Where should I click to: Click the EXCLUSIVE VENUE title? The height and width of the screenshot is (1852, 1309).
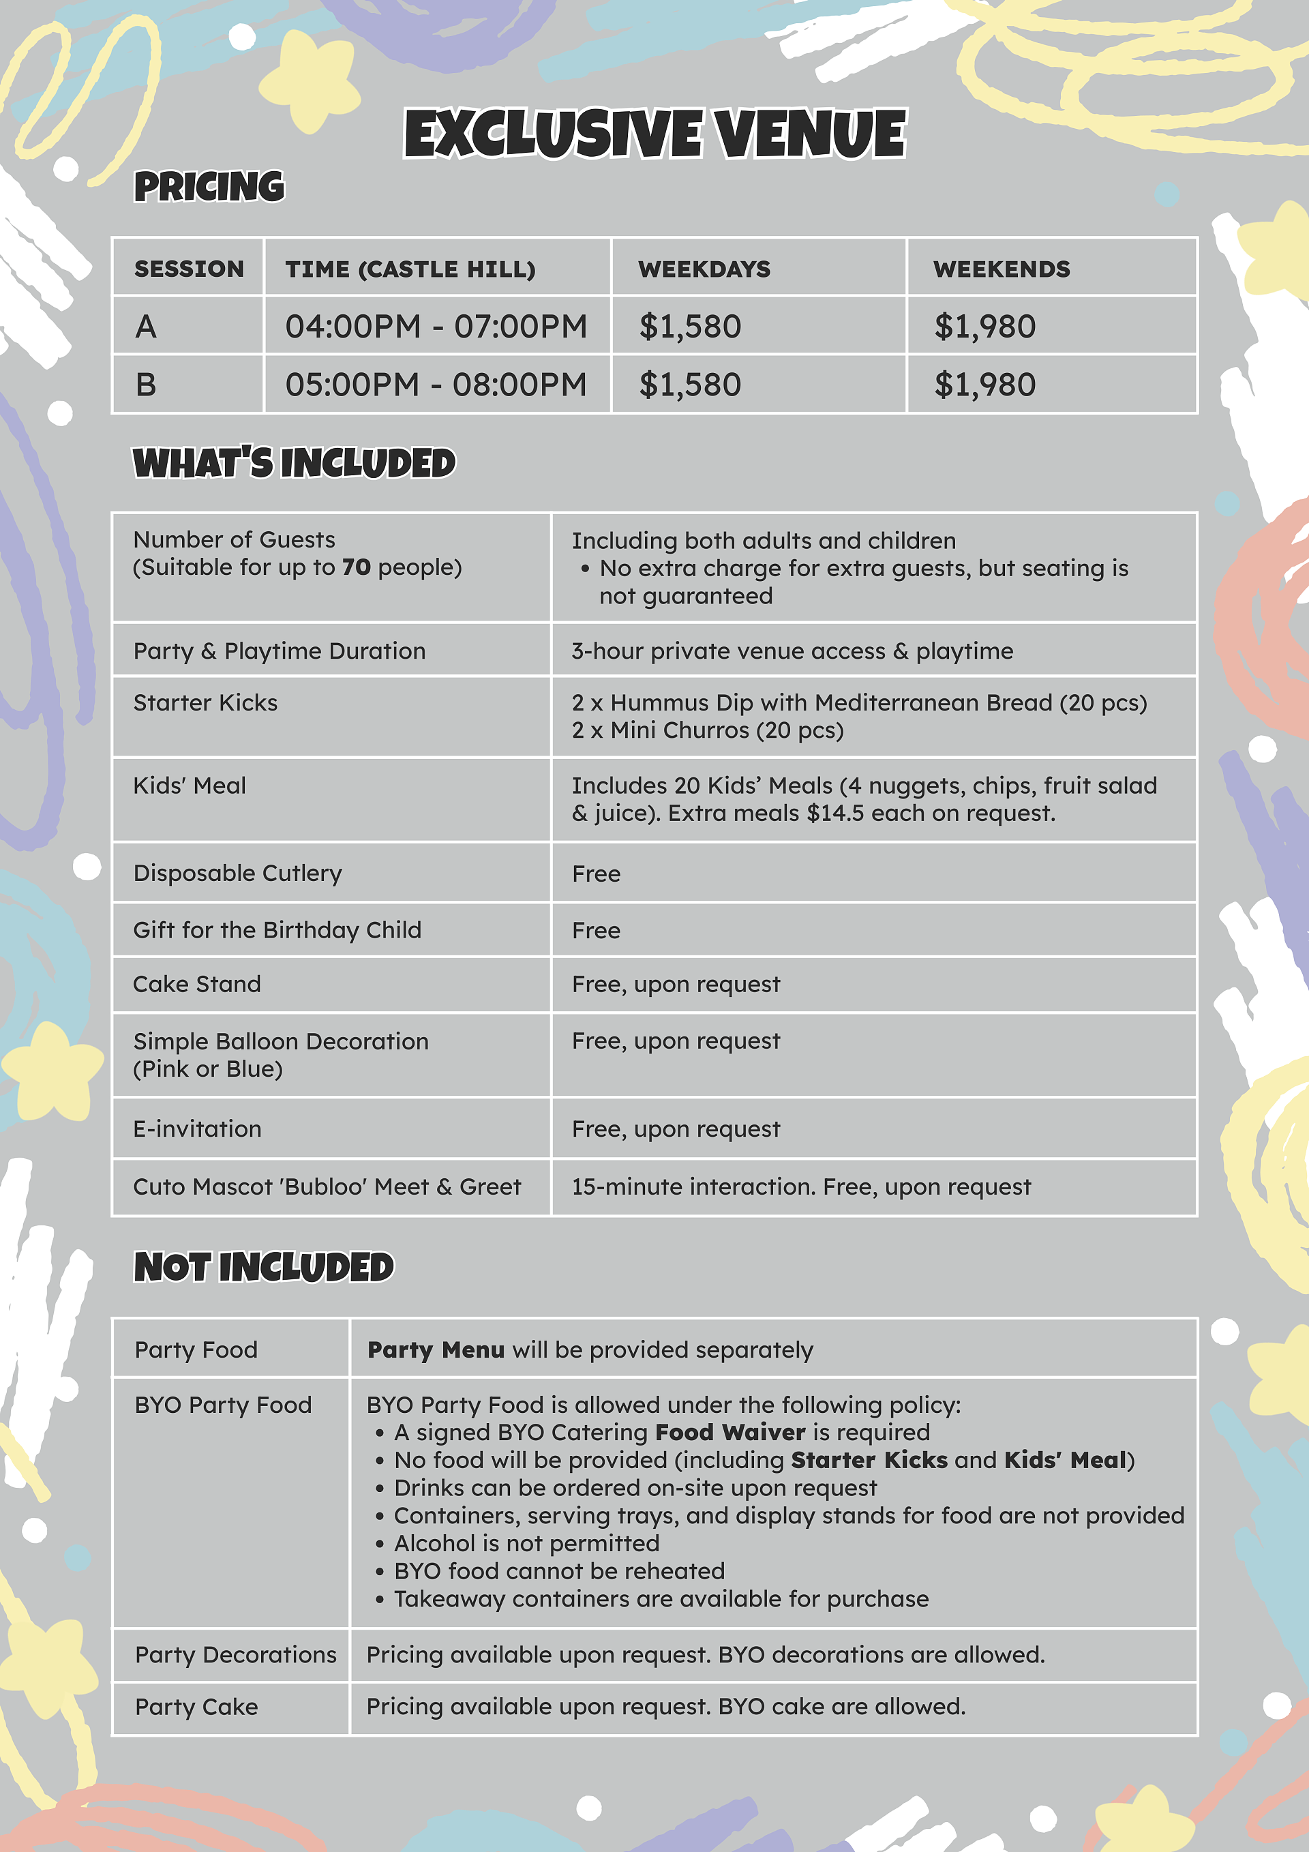click(x=655, y=133)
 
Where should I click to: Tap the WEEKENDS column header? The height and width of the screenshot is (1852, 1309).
click(x=1001, y=269)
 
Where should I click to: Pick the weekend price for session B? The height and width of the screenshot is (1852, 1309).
click(x=984, y=385)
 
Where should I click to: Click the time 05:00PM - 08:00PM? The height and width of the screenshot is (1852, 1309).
click(x=436, y=385)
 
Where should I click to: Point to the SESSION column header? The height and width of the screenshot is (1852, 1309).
click(x=189, y=269)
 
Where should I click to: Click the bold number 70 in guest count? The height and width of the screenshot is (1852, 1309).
click(x=356, y=567)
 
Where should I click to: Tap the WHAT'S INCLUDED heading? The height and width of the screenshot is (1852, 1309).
click(x=294, y=463)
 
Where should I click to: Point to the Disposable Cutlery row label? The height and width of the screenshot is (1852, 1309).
click(x=237, y=873)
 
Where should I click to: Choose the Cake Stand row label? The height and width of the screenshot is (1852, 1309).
click(x=197, y=984)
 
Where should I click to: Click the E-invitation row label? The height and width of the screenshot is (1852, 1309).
click(x=197, y=1129)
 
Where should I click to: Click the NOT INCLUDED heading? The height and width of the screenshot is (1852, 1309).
click(x=264, y=1266)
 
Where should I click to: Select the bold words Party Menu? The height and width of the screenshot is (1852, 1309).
click(x=436, y=1349)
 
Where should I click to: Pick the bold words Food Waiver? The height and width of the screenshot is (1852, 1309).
click(x=730, y=1432)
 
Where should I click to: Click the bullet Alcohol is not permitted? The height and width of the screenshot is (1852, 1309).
click(x=526, y=1543)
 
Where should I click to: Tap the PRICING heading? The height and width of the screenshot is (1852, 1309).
click(x=209, y=186)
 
